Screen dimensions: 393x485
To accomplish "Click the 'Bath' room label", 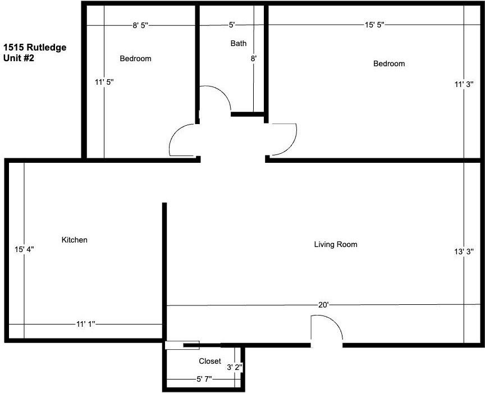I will coord(239,43).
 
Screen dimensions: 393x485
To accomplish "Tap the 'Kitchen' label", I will coord(75,240).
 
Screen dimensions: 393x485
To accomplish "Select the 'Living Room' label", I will coord(336,244).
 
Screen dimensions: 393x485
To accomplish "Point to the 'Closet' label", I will coord(210,361).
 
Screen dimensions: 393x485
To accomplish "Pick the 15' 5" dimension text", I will coord(374,25).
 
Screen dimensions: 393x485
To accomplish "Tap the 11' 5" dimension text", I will coord(104,82).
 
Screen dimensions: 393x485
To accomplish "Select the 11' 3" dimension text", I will coord(465,84).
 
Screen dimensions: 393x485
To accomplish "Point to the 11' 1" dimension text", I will coord(86,324).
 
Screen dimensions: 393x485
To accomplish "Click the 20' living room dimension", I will coord(323,305).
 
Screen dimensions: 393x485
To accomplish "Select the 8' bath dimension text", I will coord(254,58).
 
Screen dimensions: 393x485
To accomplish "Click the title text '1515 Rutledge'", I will coord(35,47).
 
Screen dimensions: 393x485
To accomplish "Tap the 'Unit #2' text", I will coord(19,58).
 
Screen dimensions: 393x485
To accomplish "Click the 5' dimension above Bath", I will coord(231,25).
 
